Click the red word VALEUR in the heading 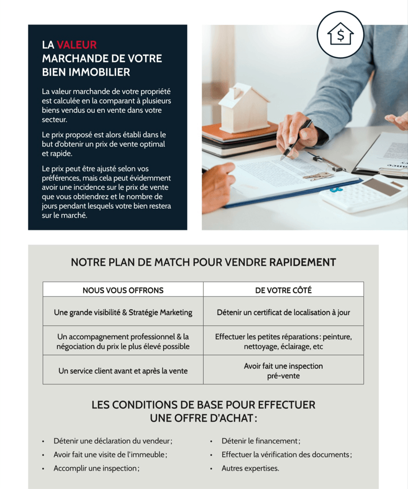76,45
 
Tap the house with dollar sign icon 340,34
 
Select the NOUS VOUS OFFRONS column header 123,290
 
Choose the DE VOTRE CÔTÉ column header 283,290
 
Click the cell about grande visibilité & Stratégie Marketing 123,312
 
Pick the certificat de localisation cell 283,312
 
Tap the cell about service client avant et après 123,371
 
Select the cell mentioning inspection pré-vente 283,371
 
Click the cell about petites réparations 283,342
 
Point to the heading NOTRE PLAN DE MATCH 203,262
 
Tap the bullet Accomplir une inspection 96,468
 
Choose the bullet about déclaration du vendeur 113,441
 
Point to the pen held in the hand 296,139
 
